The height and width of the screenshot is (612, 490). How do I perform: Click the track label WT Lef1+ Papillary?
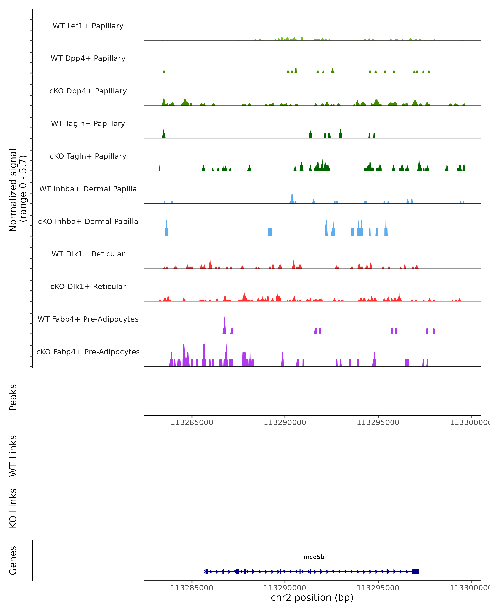[88, 26]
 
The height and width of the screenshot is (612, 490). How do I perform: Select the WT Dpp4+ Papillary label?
[88, 59]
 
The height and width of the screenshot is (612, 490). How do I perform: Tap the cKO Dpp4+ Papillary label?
[88, 91]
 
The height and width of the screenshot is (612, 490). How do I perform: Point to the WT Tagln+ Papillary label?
[88, 124]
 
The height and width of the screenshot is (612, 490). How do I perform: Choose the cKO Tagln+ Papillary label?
[88, 156]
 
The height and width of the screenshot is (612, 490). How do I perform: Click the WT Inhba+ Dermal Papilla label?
[88, 189]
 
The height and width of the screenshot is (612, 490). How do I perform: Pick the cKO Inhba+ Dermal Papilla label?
[88, 222]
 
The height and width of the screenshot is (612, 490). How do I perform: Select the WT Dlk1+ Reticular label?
[88, 254]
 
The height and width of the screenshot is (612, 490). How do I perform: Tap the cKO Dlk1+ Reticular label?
[88, 287]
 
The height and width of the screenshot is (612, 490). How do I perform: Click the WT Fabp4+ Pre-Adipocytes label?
[88, 319]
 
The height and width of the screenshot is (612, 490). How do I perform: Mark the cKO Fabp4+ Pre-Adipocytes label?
[88, 352]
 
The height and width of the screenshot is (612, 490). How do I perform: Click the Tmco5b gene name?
[312, 557]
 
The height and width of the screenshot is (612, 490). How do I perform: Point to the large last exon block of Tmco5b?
[415, 572]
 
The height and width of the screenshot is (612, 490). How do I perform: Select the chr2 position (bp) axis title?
[312, 598]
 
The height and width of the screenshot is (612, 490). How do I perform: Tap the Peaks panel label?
[13, 397]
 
